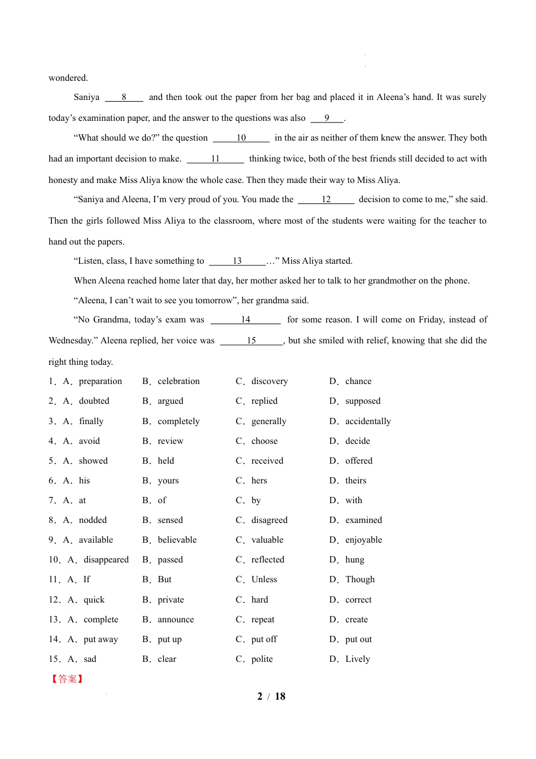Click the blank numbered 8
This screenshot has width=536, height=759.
click(124, 97)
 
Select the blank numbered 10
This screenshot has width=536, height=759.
click(241, 138)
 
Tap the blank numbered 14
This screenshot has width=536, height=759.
click(245, 320)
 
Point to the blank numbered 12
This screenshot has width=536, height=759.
click(326, 199)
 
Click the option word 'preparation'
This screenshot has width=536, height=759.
click(100, 381)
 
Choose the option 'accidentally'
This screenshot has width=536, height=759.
click(368, 421)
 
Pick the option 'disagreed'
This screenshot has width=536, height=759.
click(269, 520)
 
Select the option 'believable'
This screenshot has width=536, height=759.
click(177, 540)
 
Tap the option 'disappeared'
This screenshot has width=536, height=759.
click(106, 560)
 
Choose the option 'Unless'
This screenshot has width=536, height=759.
click(264, 579)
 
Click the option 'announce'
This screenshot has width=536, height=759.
click(175, 620)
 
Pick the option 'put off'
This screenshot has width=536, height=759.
click(264, 639)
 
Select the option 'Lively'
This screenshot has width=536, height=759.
click(358, 659)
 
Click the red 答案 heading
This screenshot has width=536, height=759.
click(67, 679)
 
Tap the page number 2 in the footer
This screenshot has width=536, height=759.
click(260, 696)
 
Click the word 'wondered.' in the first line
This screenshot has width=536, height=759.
click(68, 78)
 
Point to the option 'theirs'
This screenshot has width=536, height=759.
click(355, 481)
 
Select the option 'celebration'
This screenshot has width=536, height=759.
click(178, 381)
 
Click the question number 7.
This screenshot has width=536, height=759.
click(52, 500)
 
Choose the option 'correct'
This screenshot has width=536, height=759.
click(358, 600)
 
